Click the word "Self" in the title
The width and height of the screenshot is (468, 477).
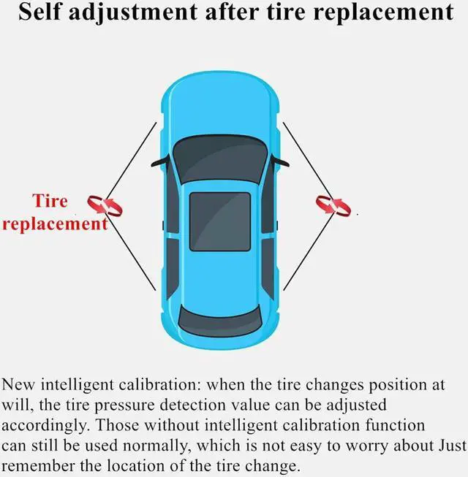(x=45, y=12)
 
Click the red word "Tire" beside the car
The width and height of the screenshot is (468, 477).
(x=50, y=201)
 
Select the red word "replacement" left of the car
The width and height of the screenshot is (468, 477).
(x=54, y=224)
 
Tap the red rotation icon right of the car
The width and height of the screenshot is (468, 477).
(x=333, y=205)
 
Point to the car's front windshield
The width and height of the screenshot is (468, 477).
(x=219, y=157)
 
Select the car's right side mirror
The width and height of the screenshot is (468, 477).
(x=280, y=160)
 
